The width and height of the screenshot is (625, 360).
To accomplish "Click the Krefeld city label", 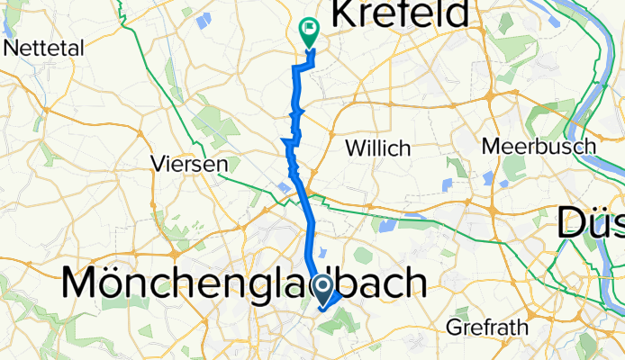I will [x=402, y=14].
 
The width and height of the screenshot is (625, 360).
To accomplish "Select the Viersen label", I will [x=188, y=166].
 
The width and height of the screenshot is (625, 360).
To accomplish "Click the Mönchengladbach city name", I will [x=243, y=284].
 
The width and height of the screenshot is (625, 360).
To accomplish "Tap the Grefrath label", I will [x=487, y=328].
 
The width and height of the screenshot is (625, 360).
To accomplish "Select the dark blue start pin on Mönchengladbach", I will [x=322, y=287].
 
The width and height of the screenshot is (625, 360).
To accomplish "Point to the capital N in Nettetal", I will [x=12, y=47].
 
